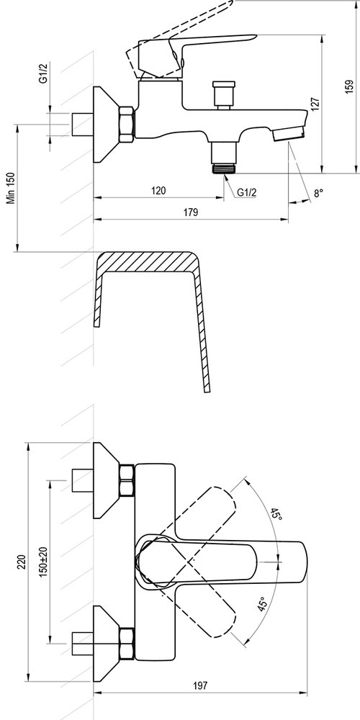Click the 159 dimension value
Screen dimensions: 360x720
click(349, 86)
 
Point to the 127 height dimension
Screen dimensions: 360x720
click(315, 104)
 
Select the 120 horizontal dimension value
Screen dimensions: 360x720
click(158, 190)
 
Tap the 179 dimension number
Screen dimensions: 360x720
click(191, 212)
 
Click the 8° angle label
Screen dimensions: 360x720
click(318, 193)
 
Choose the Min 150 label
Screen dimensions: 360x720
click(12, 187)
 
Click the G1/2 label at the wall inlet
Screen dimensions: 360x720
click(44, 73)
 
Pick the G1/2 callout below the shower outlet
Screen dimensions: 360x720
click(246, 192)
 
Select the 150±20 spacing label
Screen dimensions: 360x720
click(44, 561)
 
